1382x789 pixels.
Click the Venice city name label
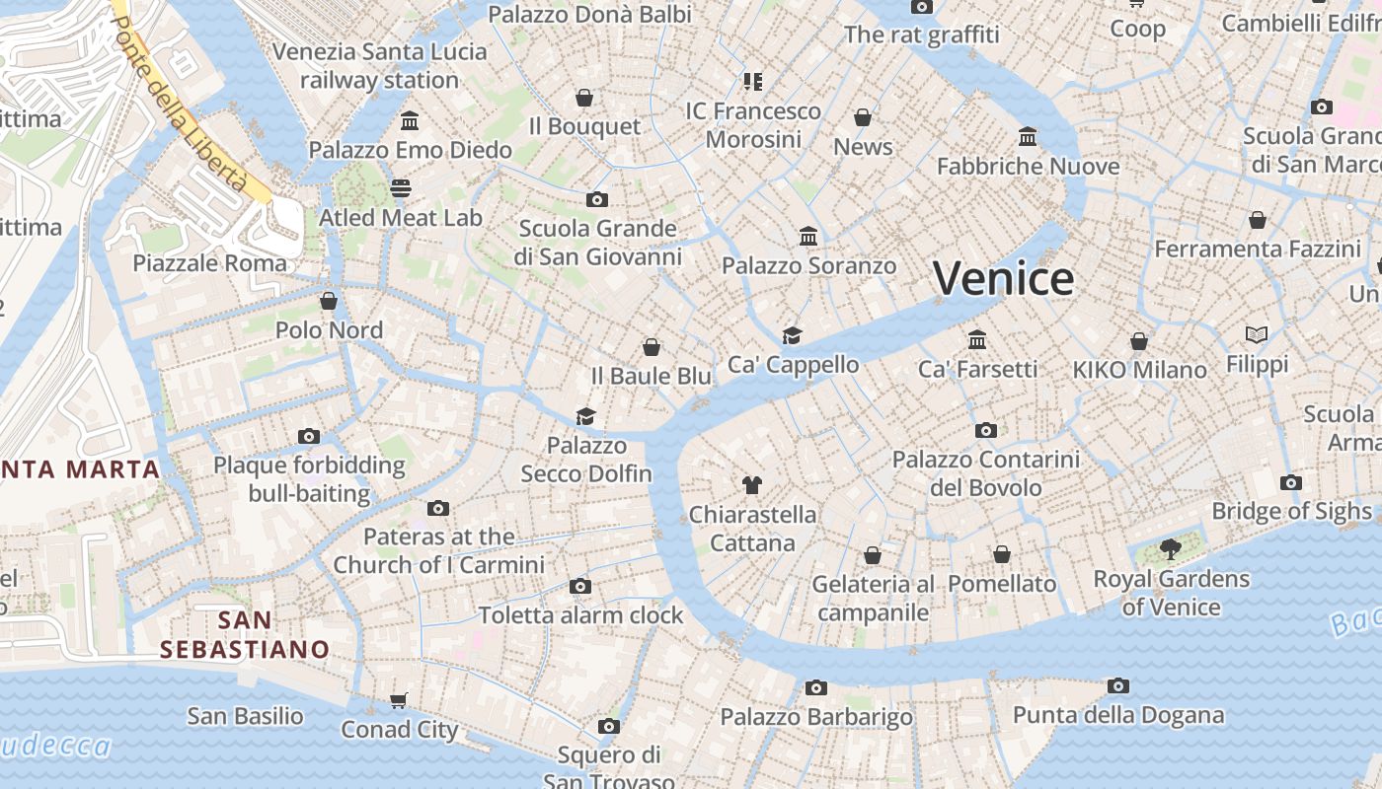1003,278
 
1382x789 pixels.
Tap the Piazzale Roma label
209,263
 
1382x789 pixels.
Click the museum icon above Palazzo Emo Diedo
410,121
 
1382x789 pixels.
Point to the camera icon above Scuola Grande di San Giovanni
596,200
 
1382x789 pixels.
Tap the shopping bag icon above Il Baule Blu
652,347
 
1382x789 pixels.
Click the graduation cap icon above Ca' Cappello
793,335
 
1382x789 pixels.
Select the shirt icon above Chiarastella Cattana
752,484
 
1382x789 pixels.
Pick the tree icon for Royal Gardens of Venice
1171,549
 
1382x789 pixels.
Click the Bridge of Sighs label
1291,511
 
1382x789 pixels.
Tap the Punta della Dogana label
1117,715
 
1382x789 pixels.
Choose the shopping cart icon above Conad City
399,700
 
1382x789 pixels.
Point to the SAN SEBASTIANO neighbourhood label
245,635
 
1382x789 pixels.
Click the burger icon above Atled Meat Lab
401,187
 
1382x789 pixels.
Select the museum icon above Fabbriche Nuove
1028,136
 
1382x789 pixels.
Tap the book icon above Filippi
1257,335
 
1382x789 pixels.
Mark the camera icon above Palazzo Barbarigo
815,688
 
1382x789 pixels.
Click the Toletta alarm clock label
580,615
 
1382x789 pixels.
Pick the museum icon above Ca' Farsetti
977,340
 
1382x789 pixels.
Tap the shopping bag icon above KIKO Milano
1139,341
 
